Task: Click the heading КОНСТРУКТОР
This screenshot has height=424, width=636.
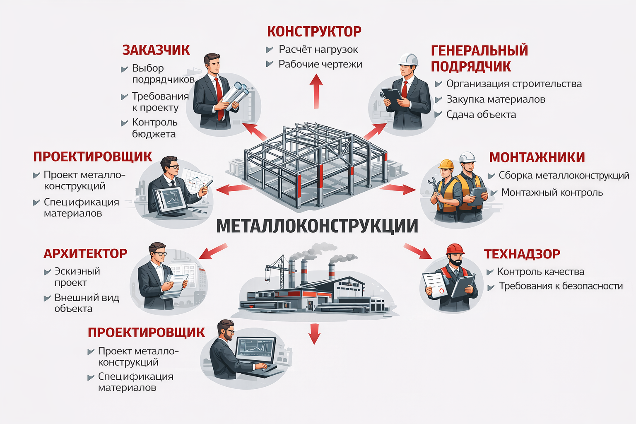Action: coord(314,31)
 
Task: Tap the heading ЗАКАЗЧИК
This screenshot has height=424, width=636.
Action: coord(156,50)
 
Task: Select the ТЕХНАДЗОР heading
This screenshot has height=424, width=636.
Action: coord(522,254)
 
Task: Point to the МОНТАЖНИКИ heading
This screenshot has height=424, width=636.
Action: coord(537,158)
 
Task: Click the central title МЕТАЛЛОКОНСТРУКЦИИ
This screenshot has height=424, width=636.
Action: coord(317,226)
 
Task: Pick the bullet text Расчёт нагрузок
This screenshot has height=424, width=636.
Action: coord(318,50)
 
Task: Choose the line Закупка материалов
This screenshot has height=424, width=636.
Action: coord(496,99)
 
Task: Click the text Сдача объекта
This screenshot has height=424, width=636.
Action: coord(481,115)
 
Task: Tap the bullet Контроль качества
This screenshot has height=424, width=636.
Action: coord(541,272)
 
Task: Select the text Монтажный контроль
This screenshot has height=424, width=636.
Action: coord(552,193)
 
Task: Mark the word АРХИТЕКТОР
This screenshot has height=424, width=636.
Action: coord(85,253)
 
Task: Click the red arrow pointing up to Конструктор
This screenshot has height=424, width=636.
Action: coord(316,91)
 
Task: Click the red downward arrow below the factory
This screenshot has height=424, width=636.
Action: coord(315,334)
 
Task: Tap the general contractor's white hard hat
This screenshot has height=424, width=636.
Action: coord(408,60)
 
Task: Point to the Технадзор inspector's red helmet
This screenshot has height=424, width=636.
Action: coord(455,249)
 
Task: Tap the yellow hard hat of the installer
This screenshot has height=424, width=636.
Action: coord(446,164)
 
